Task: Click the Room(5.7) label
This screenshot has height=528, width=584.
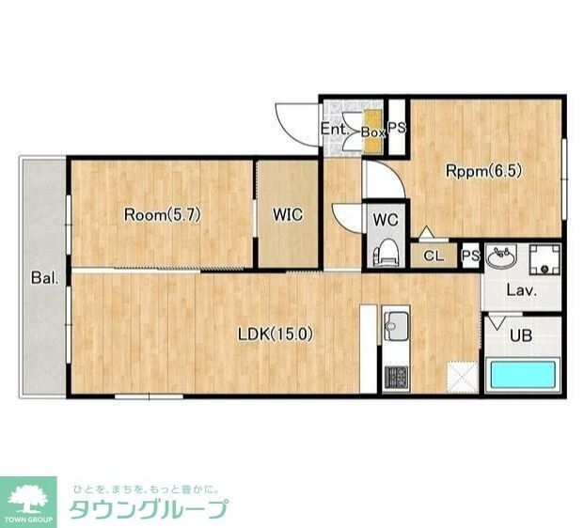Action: coord(163,214)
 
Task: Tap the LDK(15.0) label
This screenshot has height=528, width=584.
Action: coord(274,333)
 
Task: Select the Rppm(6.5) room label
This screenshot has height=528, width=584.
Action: coord(483,171)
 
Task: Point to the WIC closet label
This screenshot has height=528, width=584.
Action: coord(288,214)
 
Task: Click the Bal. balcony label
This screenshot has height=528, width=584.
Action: coord(44,278)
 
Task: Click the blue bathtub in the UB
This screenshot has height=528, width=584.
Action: coord(523,375)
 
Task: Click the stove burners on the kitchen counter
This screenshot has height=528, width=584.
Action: coord(395,378)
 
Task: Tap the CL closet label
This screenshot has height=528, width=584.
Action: coord(434,256)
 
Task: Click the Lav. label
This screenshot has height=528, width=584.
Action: coord(521,290)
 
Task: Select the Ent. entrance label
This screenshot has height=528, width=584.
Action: coord(335,129)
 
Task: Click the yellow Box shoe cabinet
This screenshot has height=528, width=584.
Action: coord(372,132)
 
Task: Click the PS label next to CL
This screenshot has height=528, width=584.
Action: coord(470,256)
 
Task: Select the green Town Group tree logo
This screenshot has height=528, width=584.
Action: coord(31,499)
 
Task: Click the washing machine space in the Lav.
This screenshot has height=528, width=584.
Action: coord(543,257)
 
